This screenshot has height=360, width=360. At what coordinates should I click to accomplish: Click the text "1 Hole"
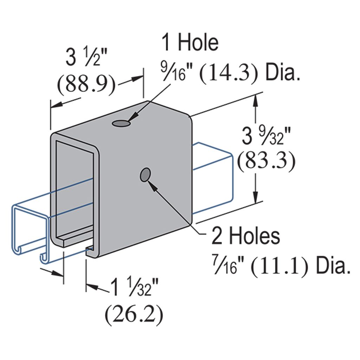[x=190, y=43]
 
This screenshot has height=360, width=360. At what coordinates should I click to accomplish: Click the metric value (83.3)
[x=265, y=162]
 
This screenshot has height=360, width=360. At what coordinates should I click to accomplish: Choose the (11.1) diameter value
[x=280, y=267]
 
